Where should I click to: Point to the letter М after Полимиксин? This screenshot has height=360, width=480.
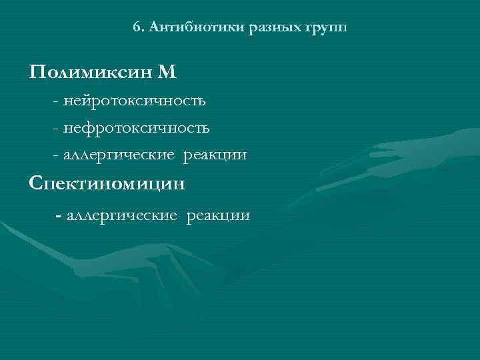pyautogui.click(x=167, y=71)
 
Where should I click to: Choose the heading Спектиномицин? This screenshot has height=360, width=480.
pyautogui.click(x=107, y=183)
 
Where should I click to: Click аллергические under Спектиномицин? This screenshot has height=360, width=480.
pyautogui.click(x=121, y=215)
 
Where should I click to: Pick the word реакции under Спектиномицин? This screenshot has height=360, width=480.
pyautogui.click(x=219, y=215)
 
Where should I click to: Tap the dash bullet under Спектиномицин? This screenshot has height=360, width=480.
pyautogui.click(x=60, y=215)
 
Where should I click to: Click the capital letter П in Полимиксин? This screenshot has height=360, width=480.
pyautogui.click(x=37, y=71)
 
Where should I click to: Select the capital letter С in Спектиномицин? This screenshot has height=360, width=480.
pyautogui.click(x=36, y=183)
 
